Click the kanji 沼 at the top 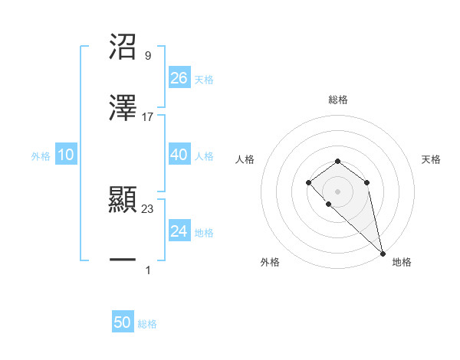[x=123, y=47]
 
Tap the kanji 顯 [x=123, y=201]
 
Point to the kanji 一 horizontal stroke [x=123, y=261]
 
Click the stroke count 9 [x=147, y=56]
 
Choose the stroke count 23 [x=148, y=209]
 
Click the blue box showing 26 [x=179, y=78]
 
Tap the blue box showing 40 [x=179, y=155]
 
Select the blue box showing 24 [x=179, y=231]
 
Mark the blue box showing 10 [x=66, y=155]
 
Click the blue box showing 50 [x=123, y=322]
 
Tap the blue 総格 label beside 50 [x=147, y=324]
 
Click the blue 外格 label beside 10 [x=41, y=156]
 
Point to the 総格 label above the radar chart [x=337, y=100]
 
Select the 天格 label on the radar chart [x=432, y=159]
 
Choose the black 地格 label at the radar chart [x=402, y=262]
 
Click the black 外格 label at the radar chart [x=270, y=262]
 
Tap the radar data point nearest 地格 [x=383, y=253]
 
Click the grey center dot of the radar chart [x=337, y=191]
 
